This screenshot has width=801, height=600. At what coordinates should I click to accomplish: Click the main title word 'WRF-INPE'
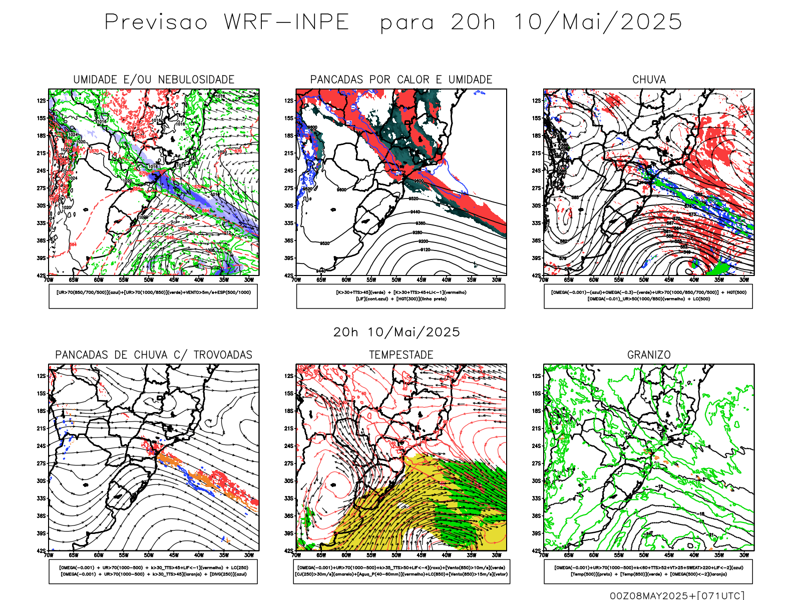click(x=286, y=22)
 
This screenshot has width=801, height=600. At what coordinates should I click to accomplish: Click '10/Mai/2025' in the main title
click(x=598, y=22)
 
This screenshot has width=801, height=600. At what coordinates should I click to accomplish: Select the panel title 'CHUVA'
click(x=649, y=79)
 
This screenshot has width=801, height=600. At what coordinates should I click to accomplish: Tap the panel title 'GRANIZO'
click(x=649, y=355)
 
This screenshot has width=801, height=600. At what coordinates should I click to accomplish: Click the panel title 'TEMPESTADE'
click(x=401, y=355)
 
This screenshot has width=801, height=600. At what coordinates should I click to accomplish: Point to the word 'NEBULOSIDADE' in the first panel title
click(x=196, y=79)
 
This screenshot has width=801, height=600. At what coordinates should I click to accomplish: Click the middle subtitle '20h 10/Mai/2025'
click(x=396, y=332)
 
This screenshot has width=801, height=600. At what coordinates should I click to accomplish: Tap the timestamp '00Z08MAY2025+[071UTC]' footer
click(x=677, y=595)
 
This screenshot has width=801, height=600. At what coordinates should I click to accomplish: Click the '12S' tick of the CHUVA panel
click(x=537, y=101)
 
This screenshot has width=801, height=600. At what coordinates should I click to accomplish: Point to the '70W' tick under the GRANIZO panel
click(x=544, y=555)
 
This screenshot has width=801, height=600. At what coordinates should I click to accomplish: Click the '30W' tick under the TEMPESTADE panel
click(x=496, y=555)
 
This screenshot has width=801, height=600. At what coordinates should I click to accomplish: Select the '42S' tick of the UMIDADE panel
click(x=41, y=275)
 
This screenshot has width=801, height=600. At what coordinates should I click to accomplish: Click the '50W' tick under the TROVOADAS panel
click(x=149, y=555)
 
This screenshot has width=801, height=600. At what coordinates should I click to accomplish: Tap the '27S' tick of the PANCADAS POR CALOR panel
click(x=289, y=188)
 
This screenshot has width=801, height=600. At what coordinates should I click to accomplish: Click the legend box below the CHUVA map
click(x=648, y=296)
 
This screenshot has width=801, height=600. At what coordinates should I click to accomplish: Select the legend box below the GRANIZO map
click(x=648, y=571)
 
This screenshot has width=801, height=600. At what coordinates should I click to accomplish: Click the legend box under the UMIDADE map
click(x=153, y=296)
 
